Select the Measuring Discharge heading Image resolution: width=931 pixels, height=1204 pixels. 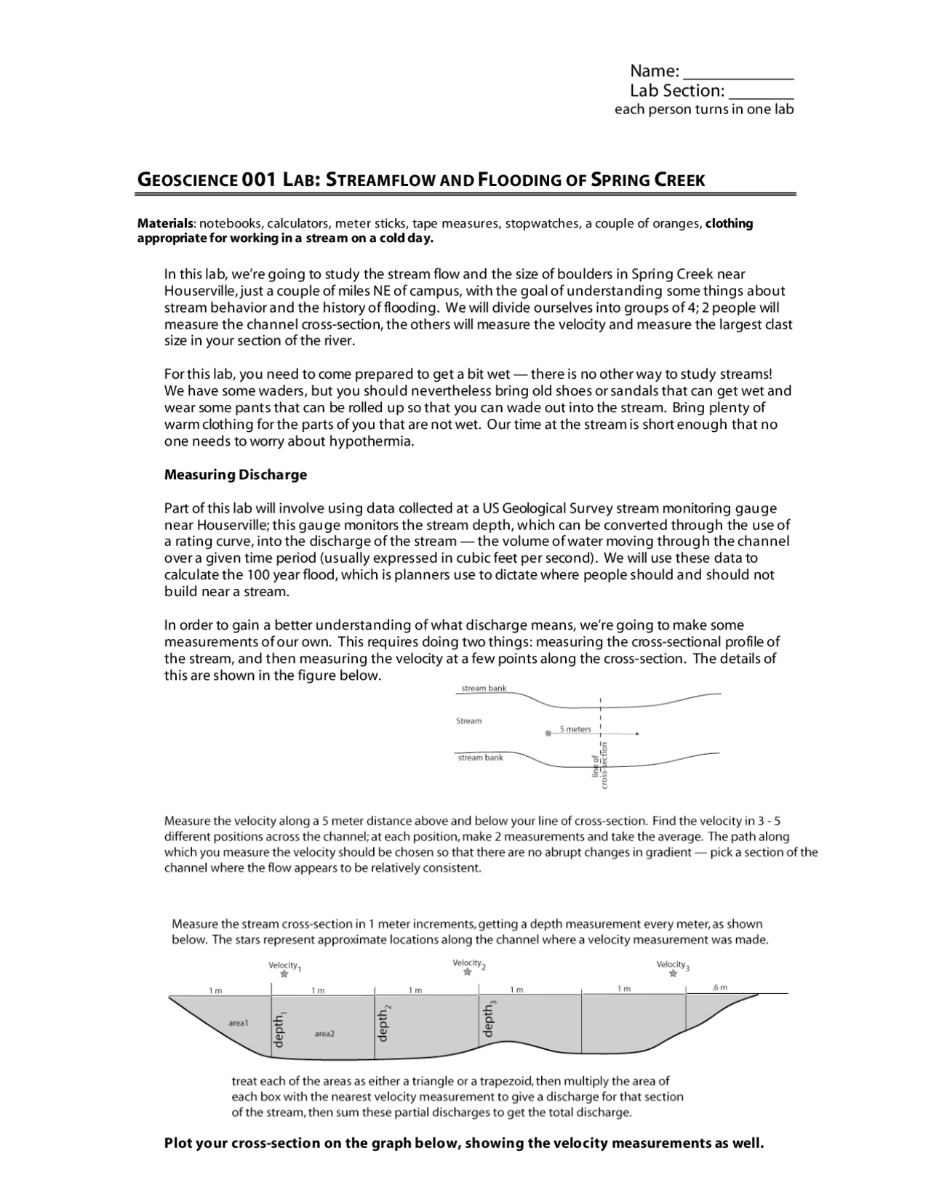[236, 475]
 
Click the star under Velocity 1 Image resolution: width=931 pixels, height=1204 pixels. [284, 974]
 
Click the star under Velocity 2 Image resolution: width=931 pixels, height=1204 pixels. [468, 972]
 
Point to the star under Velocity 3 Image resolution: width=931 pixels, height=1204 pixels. [673, 974]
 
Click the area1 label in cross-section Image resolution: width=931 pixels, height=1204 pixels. [239, 1022]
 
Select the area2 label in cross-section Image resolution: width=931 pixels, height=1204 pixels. [324, 1033]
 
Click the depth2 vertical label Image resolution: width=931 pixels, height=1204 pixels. [384, 1024]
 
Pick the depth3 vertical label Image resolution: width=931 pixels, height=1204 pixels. [489, 1019]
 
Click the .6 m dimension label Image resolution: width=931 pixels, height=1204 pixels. [719, 988]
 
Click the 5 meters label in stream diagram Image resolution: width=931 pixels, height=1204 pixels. [575, 729]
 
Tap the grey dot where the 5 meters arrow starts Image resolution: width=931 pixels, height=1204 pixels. [548, 734]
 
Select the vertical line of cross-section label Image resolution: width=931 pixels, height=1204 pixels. [599, 765]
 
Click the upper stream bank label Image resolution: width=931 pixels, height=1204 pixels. [484, 688]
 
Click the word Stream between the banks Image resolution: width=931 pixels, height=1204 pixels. [468, 721]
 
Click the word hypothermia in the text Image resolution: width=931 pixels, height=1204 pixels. [371, 441]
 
